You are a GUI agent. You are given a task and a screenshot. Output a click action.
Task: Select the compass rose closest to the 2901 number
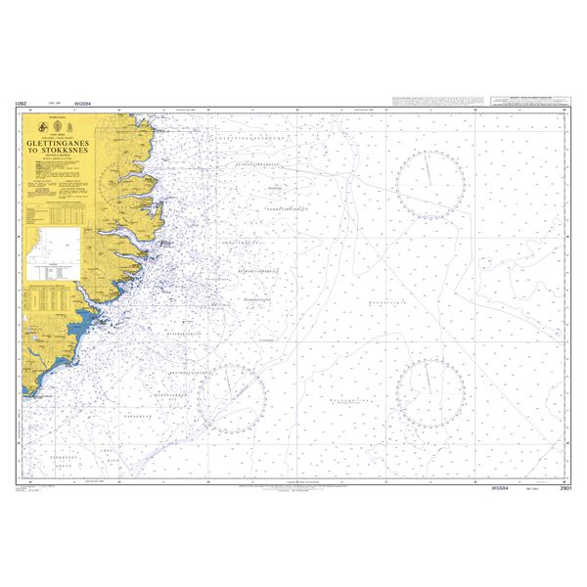click(429, 390)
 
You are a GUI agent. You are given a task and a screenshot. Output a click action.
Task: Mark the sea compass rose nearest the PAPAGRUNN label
click(231, 398)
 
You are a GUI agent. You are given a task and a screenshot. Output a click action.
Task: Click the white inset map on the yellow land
click(55, 251)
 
